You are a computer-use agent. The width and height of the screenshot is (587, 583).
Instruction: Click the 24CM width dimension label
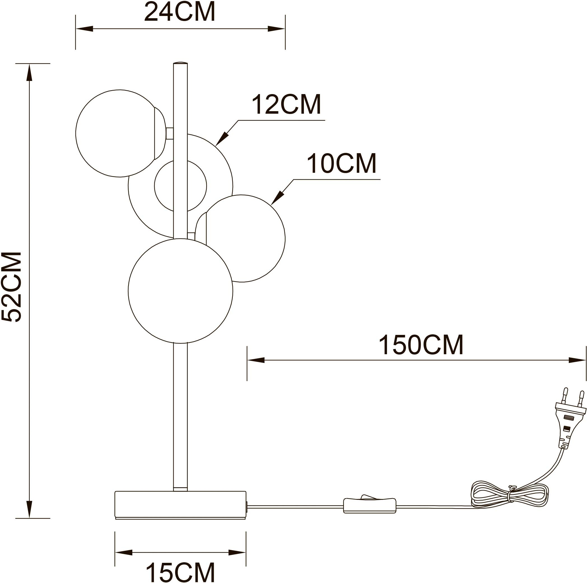pyautogui.click(x=180, y=11)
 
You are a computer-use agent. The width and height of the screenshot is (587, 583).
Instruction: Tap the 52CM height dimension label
pyautogui.click(x=11, y=287)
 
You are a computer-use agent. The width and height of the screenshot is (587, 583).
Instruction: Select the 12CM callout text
pyautogui.click(x=286, y=104)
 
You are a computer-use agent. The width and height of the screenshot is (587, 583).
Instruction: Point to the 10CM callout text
pyautogui.click(x=342, y=163)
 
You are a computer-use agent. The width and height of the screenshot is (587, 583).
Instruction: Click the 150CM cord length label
pyautogui.click(x=421, y=345)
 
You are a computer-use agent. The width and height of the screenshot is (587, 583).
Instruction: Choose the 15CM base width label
pyautogui.click(x=180, y=572)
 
